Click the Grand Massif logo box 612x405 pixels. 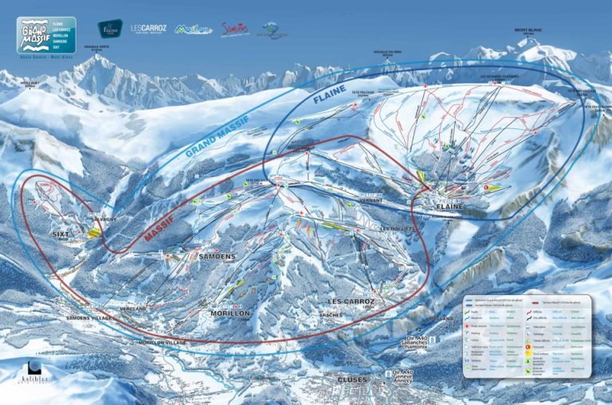click(46, 35)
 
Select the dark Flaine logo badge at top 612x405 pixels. click(110, 29)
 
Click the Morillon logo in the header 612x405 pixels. click(194, 29)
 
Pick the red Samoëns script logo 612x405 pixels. click(234, 29)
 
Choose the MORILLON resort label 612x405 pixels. click(229, 313)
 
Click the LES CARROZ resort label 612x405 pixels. click(351, 301)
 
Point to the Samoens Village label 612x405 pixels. click(89, 317)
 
